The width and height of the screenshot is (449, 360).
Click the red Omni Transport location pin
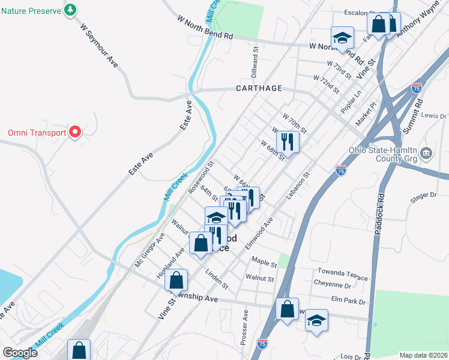pyautogui.click(x=75, y=132)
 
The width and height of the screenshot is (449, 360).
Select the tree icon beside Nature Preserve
pyautogui.click(x=71, y=10)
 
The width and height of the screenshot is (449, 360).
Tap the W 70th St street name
pyautogui.click(x=294, y=123)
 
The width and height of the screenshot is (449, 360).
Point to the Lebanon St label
pyautogui.click(x=298, y=187)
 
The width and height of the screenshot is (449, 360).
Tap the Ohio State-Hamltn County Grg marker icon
pyautogui.click(x=426, y=152)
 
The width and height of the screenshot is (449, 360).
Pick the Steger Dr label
pyautogui.click(x=424, y=194)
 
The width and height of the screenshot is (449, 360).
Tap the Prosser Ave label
pyautogui.click(x=244, y=327)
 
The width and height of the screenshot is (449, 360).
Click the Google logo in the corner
pyautogui.click(x=20, y=353)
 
